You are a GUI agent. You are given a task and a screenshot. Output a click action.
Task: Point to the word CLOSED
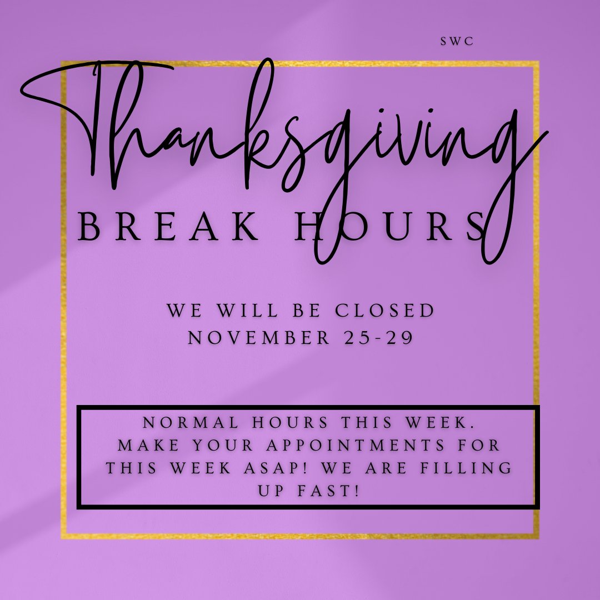384,311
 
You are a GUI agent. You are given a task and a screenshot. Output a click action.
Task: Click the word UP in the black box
270,490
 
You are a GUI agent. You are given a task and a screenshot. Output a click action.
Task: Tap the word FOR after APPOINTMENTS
478,445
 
